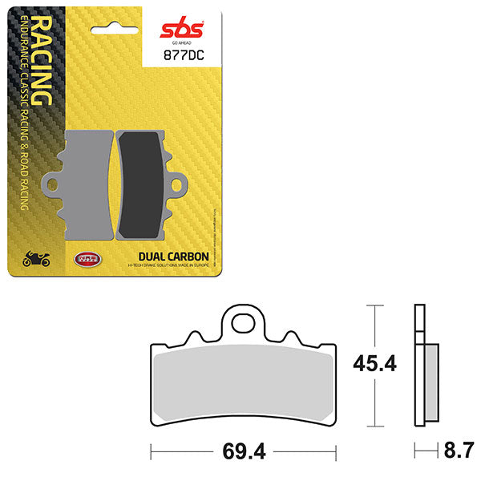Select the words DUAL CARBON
pyautogui.click(x=169, y=257)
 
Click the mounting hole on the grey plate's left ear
pyautogui.click(x=53, y=185)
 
